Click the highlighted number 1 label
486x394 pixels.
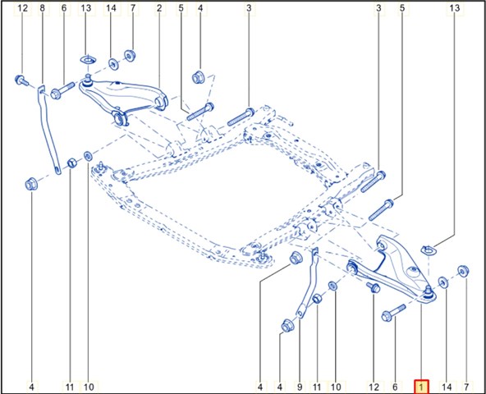click(421, 387)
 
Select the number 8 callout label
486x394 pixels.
click(43, 8)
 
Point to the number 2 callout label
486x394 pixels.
click(159, 8)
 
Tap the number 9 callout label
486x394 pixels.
click(300, 387)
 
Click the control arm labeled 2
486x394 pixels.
click(124, 96)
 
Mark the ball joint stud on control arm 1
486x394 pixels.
click(428, 291)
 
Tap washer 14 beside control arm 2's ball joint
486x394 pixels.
click(114, 64)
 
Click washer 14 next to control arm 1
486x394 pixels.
click(443, 282)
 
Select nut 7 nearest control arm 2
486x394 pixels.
click(130, 56)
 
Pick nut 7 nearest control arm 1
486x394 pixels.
click(463, 271)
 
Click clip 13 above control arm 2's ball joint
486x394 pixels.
click(88, 60)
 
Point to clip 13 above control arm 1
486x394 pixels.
click(428, 250)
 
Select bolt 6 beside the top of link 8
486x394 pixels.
click(62, 90)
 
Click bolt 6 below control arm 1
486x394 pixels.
click(393, 313)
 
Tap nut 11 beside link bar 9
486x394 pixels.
click(317, 299)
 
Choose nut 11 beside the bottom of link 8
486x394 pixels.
click(72, 163)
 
